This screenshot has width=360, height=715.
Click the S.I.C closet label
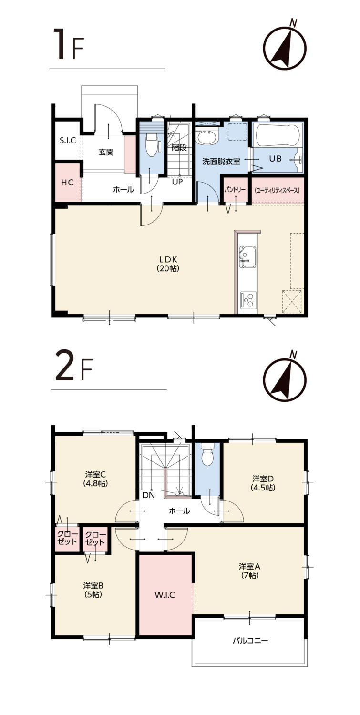(x=67, y=140)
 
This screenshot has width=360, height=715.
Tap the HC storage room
(x=67, y=182)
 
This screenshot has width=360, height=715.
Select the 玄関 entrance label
(x=106, y=152)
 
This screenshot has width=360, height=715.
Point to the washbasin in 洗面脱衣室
(x=206, y=137)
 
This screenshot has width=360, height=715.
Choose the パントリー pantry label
(x=235, y=190)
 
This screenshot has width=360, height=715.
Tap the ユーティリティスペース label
(x=277, y=190)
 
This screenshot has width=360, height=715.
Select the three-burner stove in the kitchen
(x=248, y=299)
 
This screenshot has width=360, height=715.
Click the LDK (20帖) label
(x=168, y=264)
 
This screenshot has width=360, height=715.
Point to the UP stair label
(x=177, y=181)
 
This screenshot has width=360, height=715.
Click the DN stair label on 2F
(x=149, y=495)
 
